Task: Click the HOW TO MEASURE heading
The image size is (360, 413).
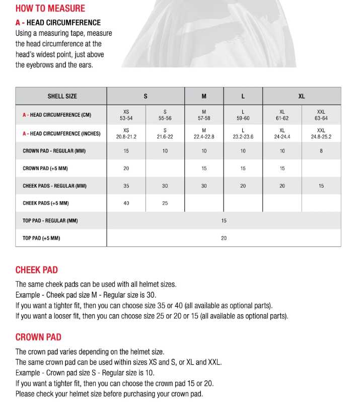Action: click(x=50, y=9)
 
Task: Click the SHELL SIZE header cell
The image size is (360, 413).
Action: click(x=62, y=96)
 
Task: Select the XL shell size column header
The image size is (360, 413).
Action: click(x=302, y=96)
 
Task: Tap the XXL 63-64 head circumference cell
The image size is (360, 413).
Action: click(x=321, y=115)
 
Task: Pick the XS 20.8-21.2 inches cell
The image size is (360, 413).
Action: click(x=126, y=133)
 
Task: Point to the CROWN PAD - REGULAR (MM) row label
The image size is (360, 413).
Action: click(x=53, y=151)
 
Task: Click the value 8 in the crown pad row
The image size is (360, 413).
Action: click(x=321, y=151)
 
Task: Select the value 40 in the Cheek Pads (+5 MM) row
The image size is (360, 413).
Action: click(x=126, y=203)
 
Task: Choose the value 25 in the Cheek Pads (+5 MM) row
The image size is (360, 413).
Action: click(x=165, y=203)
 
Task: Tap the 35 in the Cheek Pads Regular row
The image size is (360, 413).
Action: click(x=126, y=186)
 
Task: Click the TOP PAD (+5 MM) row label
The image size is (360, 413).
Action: click(x=41, y=238)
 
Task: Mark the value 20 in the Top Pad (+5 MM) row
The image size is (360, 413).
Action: click(x=224, y=238)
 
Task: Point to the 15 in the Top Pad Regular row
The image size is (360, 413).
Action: click(x=224, y=221)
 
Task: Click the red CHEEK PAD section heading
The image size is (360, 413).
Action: click(x=36, y=270)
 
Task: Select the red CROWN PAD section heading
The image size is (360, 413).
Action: click(x=38, y=337)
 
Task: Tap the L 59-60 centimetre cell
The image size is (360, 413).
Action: click(x=243, y=115)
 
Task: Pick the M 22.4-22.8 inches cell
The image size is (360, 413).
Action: click(x=204, y=133)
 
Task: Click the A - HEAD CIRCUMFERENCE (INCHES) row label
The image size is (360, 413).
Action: click(x=61, y=133)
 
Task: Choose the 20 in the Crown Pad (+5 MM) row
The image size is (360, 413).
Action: click(x=126, y=169)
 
